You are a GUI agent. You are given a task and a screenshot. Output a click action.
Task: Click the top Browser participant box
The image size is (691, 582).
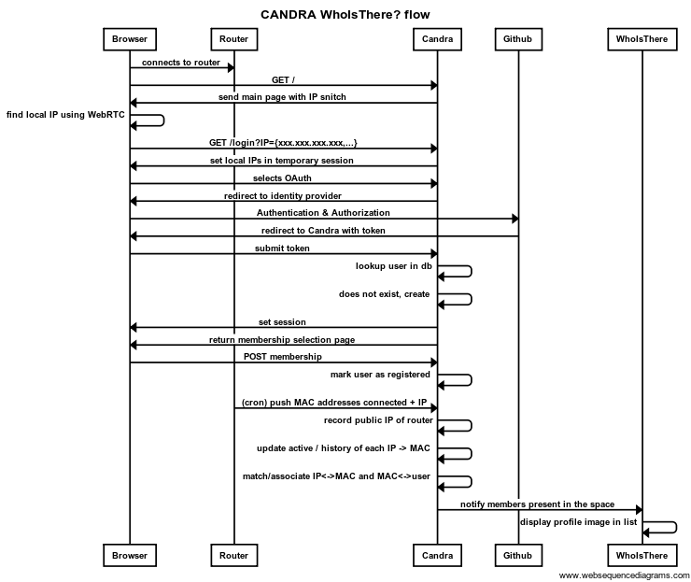(x=130, y=39)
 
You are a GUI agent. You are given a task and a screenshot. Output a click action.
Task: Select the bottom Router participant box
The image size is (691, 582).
(x=234, y=555)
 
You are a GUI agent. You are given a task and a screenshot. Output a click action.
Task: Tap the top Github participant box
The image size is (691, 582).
(x=518, y=39)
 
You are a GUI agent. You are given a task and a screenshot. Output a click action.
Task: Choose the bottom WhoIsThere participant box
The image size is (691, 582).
(x=642, y=555)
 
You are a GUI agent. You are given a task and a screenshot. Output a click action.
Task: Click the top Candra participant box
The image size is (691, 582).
(x=437, y=39)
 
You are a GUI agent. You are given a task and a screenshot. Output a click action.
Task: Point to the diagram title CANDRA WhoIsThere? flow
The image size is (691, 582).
(x=345, y=15)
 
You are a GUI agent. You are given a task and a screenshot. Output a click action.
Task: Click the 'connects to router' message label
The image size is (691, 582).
(x=180, y=63)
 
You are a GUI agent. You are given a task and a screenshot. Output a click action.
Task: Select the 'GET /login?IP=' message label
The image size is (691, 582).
(x=283, y=143)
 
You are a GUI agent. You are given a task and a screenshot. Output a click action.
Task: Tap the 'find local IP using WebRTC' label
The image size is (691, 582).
(x=65, y=115)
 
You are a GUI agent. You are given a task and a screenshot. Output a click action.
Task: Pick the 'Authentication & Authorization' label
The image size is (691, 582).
(x=323, y=212)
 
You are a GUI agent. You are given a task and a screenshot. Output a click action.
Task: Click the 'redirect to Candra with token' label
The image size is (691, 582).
(x=323, y=231)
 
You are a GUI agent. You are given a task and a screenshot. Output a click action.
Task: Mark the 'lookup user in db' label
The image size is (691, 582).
(x=393, y=266)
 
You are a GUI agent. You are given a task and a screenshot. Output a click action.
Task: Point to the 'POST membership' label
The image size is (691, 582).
(x=283, y=356)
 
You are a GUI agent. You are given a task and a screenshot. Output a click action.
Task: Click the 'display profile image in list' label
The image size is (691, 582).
(x=578, y=522)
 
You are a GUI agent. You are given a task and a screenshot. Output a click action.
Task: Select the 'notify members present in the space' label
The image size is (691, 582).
(x=537, y=504)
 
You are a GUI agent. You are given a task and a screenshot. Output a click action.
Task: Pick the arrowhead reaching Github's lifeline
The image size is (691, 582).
(x=515, y=219)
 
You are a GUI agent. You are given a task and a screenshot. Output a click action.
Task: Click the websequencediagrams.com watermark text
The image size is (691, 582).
(x=624, y=575)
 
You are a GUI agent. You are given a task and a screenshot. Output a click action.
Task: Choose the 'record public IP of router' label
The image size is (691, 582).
(x=378, y=420)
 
